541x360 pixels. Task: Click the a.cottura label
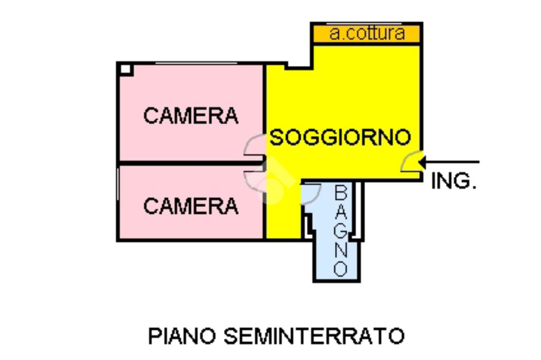tap(367, 34)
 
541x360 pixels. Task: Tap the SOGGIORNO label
tap(340, 138)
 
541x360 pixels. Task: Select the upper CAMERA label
tap(191, 116)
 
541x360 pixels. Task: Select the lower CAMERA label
tap(191, 206)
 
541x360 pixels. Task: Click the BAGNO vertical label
tap(341, 231)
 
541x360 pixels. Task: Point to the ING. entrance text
tap(454, 181)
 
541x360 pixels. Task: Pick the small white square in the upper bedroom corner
tap(125, 69)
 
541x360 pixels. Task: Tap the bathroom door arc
tap(311, 193)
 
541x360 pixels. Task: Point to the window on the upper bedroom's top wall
tap(195, 63)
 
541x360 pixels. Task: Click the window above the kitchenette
tap(365, 23)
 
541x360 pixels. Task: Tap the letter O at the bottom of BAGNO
tap(341, 269)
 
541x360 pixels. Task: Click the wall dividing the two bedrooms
tap(190, 163)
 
